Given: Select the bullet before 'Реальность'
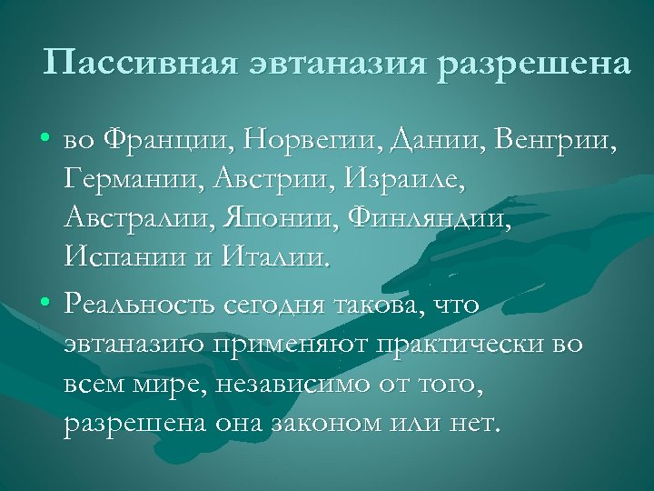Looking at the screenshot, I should (45, 303).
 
